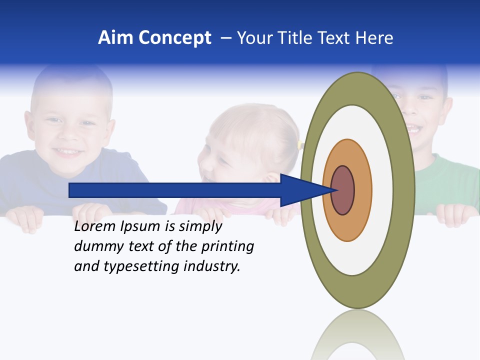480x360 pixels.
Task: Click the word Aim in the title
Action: click(x=116, y=38)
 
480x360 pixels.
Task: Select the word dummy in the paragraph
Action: click(x=96, y=246)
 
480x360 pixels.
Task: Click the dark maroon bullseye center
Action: click(x=342, y=190)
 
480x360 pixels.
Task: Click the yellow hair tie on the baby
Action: click(x=300, y=145)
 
